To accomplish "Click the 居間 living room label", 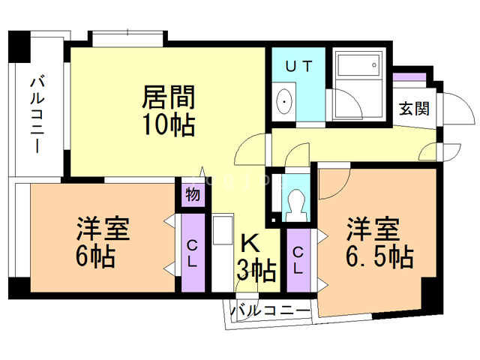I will [169, 97].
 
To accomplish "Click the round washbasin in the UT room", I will [286, 103].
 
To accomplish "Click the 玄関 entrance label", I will [414, 107].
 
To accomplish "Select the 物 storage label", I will [192, 195].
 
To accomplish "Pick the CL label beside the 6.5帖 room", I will [298, 259].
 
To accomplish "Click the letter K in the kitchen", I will [250, 244].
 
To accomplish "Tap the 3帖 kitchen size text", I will [256, 268].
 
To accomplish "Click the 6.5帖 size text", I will [379, 256].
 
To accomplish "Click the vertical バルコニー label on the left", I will [37, 113].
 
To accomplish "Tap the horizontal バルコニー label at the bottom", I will [270, 310].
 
